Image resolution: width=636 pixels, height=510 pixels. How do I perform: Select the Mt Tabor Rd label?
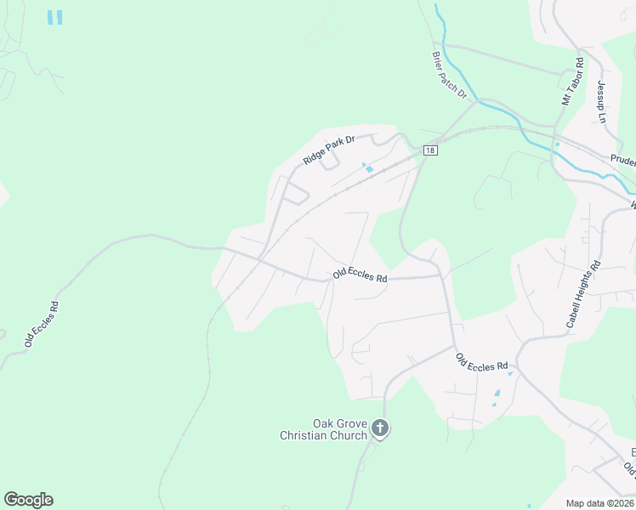tap(571, 82)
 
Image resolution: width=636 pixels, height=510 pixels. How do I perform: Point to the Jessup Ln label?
tap(601, 100)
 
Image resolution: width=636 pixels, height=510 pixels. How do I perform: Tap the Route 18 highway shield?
tap(430, 150)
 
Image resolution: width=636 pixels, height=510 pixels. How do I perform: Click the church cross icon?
tap(379, 429)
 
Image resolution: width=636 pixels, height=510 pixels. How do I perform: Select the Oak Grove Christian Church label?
tap(323, 429)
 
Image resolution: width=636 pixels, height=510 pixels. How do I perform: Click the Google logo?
tap(28, 500)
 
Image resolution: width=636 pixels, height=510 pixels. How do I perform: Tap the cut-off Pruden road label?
tap(623, 159)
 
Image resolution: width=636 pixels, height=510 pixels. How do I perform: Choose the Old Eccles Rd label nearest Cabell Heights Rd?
tap(482, 368)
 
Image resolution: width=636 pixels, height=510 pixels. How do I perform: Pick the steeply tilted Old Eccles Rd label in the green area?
tap(41, 324)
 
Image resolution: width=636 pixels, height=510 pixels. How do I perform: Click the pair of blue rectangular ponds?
tap(55, 17)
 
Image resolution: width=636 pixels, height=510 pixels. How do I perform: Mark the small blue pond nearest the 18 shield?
tap(367, 167)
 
